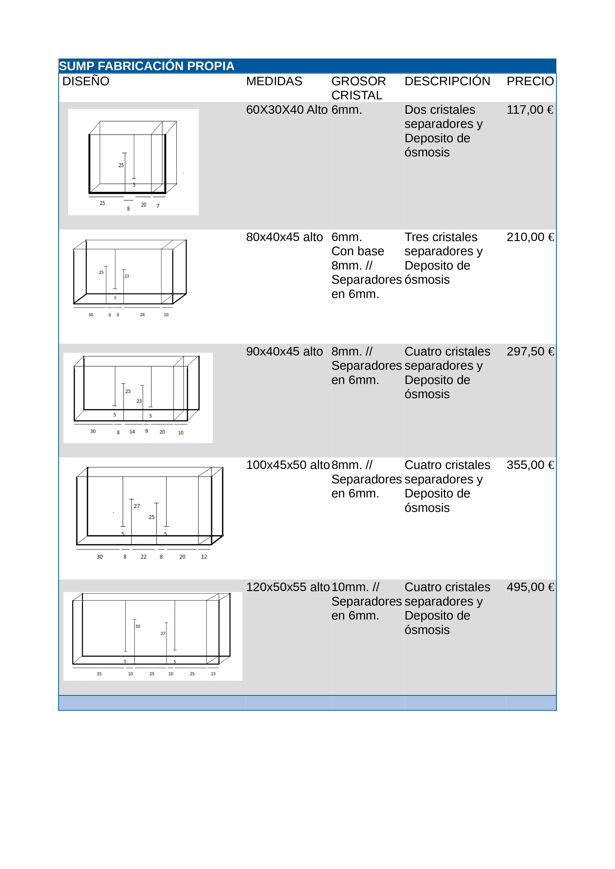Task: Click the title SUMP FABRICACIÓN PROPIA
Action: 146,66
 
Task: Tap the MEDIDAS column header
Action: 274,81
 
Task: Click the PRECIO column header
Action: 530,81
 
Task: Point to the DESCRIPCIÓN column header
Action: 447,81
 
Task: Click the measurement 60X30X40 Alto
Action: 287,110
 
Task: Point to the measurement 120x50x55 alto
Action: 288,587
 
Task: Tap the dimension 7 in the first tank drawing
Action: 158,206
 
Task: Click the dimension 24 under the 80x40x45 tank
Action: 142,315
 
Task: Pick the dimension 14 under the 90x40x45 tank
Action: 132,432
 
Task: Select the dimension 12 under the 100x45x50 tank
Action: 204,557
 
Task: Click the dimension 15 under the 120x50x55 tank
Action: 213,674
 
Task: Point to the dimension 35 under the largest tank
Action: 99,674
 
